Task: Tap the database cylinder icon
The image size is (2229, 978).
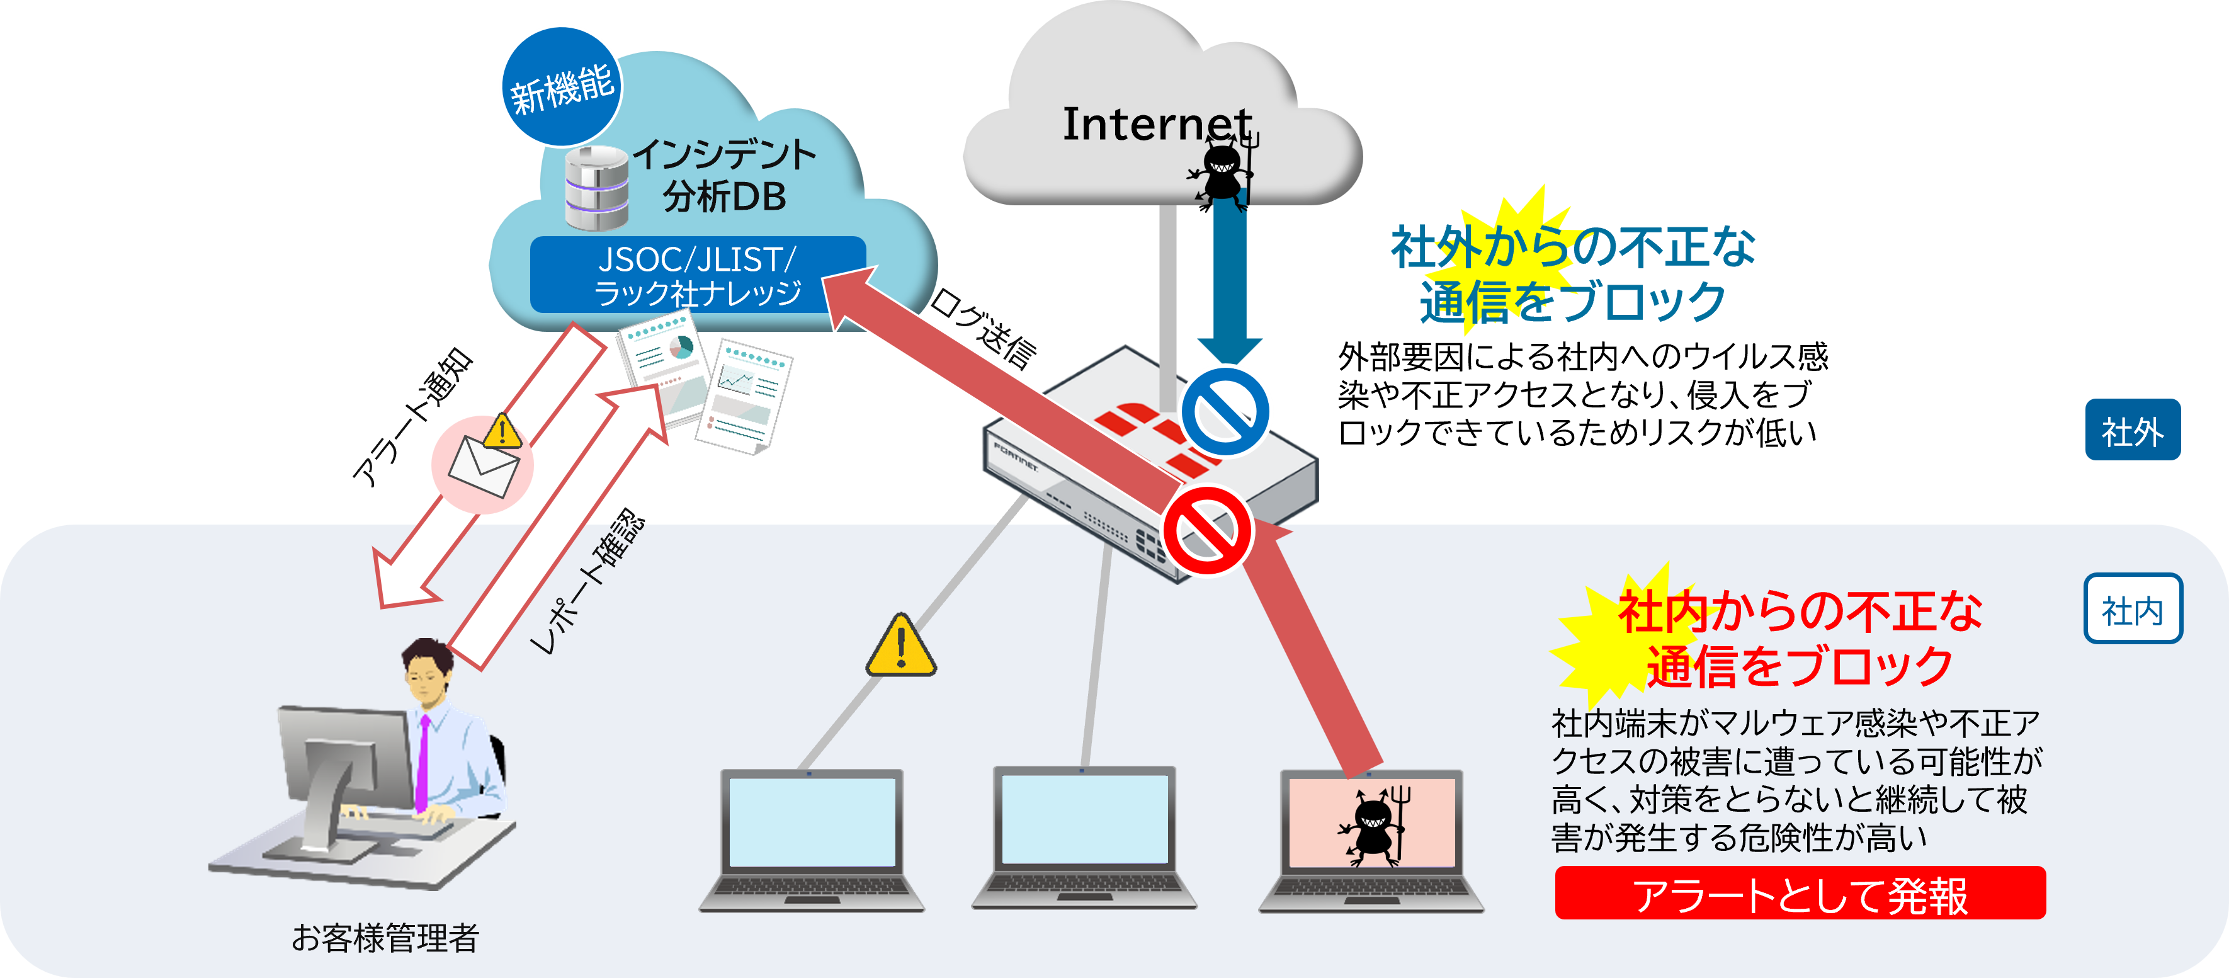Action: coord(597,187)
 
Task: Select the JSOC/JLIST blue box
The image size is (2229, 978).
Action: coord(698,275)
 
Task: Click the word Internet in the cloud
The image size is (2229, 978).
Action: coord(1157,124)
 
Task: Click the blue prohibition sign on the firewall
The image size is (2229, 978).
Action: coord(1225,410)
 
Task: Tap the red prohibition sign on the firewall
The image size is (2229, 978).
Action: coord(1208,530)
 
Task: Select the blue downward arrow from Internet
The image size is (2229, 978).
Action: coord(1228,277)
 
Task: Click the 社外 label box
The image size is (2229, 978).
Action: coord(2132,430)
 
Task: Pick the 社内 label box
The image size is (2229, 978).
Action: coord(2132,610)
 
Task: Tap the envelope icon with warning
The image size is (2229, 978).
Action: coord(483,464)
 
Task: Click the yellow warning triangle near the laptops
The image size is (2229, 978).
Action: coord(901,647)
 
